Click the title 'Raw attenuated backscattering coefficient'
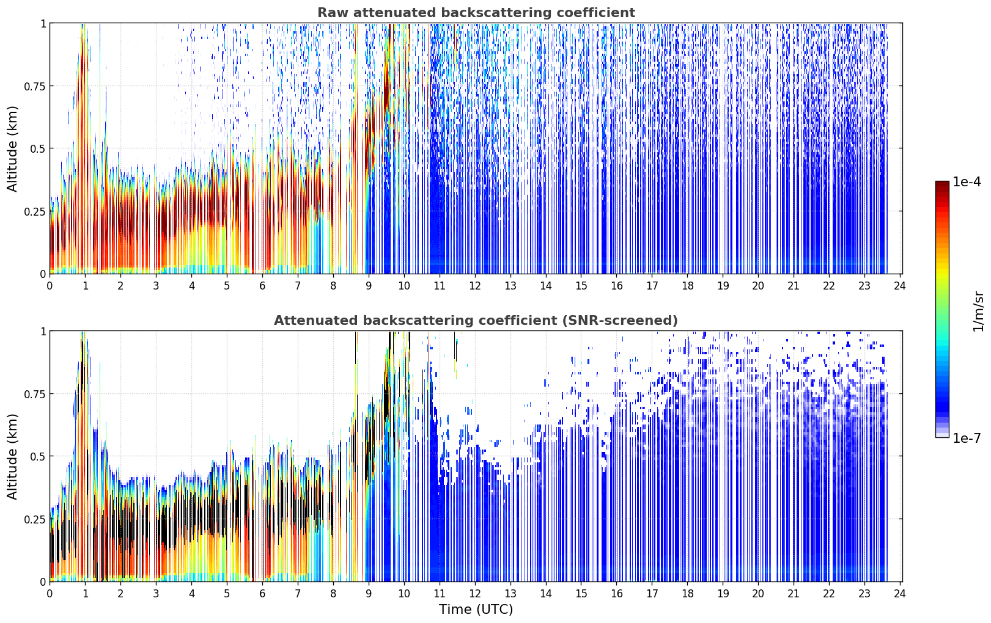click(x=476, y=12)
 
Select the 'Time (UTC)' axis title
click(x=476, y=610)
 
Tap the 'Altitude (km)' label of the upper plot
click(x=12, y=149)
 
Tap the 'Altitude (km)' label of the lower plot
click(x=12, y=457)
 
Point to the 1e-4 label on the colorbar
click(x=967, y=181)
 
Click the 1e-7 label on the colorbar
click(x=967, y=439)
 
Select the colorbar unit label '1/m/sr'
click(x=978, y=311)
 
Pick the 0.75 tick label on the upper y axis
click(x=35, y=86)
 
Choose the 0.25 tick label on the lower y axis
click(x=35, y=519)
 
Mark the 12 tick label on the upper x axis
click(x=474, y=286)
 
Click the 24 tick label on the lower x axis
click(x=900, y=594)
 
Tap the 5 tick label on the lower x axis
click(x=227, y=594)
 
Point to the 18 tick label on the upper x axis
click(x=688, y=286)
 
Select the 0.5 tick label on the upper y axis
click(x=38, y=149)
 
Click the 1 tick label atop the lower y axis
click(x=43, y=332)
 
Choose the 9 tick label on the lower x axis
click(x=369, y=594)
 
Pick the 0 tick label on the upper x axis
click(x=50, y=286)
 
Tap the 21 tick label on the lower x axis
click(x=794, y=594)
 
